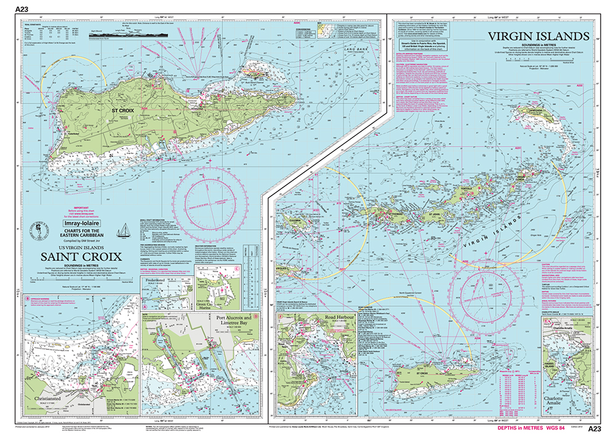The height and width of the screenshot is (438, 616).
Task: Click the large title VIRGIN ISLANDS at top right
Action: pyautogui.click(x=538, y=36)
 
